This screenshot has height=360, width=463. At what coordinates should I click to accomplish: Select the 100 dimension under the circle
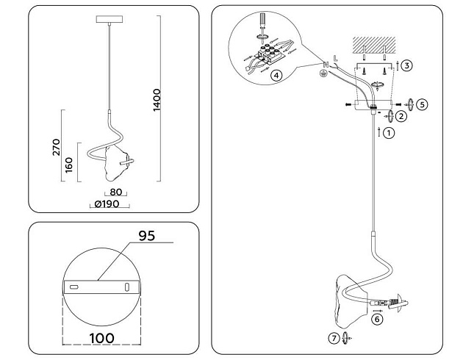click(x=99, y=338)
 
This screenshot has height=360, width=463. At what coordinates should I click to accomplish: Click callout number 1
click(x=390, y=133)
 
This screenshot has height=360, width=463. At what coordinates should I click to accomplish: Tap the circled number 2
click(x=401, y=115)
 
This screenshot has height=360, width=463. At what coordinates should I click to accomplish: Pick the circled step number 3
click(x=406, y=65)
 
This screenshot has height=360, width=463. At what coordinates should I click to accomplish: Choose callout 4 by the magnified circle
click(x=276, y=75)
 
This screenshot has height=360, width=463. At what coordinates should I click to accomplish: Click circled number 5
click(x=421, y=104)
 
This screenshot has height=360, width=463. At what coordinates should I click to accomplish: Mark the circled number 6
click(x=376, y=319)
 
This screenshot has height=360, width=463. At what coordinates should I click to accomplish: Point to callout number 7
click(x=334, y=338)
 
